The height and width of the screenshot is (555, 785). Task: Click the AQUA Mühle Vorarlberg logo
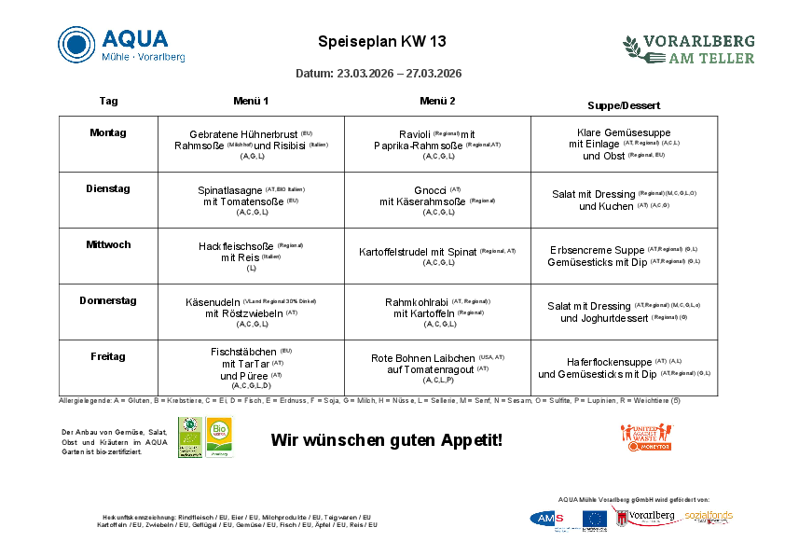coord(121,45)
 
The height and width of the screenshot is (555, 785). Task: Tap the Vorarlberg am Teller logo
coord(689,49)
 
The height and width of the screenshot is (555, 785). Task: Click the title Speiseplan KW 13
coord(382,42)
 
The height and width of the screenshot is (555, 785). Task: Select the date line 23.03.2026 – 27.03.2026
coord(379,73)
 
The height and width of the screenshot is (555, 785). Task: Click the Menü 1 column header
coord(251,101)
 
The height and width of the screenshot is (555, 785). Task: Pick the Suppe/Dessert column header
coord(624,104)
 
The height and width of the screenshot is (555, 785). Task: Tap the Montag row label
coord(108,132)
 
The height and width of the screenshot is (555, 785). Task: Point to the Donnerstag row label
coord(108,300)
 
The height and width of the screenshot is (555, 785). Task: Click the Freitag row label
coord(108,356)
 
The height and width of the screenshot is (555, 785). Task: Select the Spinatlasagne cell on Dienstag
coord(251,201)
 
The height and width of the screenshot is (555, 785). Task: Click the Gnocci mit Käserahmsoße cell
coord(437,201)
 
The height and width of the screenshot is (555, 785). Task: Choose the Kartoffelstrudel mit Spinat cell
coord(437,256)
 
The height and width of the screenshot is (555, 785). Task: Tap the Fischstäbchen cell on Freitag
coord(251,368)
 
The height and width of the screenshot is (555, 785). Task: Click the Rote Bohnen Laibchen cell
coord(437,368)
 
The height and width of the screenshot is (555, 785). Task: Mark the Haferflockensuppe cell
coord(624,368)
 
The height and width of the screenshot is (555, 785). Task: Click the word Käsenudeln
coord(213,302)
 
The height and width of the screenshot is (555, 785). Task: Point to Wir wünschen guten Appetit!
coord(387,438)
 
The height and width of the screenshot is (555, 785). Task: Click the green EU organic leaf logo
coord(190,437)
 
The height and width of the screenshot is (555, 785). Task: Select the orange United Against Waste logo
coord(645,437)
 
